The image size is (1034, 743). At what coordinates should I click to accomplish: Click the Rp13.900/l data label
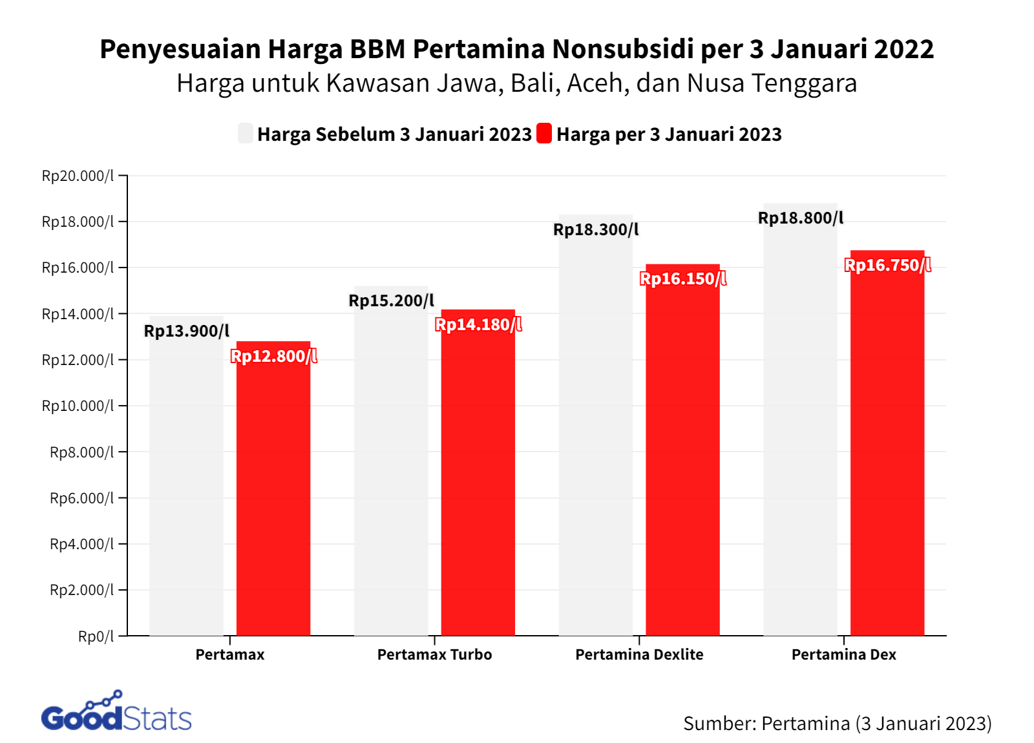(x=186, y=331)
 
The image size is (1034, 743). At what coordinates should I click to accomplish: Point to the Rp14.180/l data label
(x=478, y=324)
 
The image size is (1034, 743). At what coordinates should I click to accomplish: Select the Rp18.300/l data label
(x=596, y=229)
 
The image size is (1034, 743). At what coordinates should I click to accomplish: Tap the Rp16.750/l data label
(x=887, y=265)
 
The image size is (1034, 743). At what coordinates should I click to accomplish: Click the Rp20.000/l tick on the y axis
(x=78, y=176)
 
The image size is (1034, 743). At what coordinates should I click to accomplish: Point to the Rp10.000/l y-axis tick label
(x=78, y=406)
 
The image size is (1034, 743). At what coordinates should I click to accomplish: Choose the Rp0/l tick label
(x=96, y=636)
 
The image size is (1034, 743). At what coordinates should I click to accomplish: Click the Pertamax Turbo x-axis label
(x=434, y=654)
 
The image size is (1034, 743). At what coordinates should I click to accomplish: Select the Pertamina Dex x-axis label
(x=843, y=654)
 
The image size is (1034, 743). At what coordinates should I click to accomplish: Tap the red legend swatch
(x=544, y=134)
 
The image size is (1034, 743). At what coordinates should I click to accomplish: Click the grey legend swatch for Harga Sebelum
(x=246, y=134)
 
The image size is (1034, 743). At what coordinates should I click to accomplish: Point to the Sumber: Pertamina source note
(x=837, y=723)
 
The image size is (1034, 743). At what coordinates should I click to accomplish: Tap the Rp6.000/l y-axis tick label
(x=81, y=498)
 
